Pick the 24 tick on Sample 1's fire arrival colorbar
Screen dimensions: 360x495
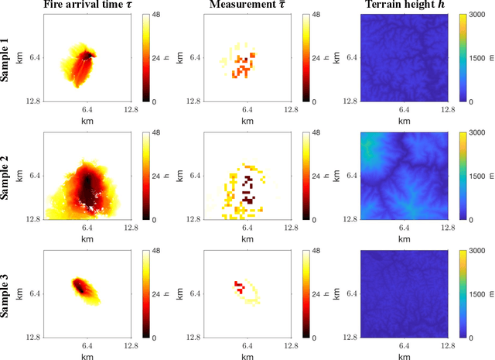coord(153,58)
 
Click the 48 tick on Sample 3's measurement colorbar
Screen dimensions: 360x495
coord(312,251)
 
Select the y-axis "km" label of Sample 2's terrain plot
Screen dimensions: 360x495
coord(343,177)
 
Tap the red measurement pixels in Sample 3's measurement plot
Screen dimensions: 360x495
coord(239,287)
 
